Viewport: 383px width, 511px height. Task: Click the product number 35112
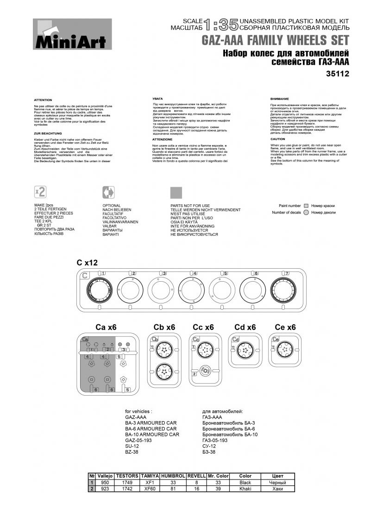click(337, 73)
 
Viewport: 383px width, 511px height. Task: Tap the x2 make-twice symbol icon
click(40, 192)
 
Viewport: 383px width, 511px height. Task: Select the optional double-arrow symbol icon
click(108, 192)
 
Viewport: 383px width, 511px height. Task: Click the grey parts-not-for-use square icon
click(176, 192)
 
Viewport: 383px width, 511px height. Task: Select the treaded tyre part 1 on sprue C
click(100, 292)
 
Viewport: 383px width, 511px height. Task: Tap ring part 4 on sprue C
click(192, 291)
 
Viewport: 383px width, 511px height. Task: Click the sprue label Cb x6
click(164, 327)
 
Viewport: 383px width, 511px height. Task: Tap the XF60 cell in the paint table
click(150, 488)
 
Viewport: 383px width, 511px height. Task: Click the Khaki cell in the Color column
click(245, 488)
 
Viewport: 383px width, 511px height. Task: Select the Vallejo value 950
click(105, 482)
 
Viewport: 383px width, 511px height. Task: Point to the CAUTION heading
click(278, 139)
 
